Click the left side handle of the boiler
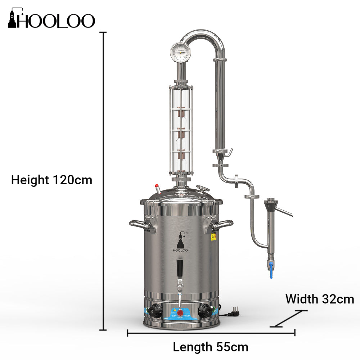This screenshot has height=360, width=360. [140, 226]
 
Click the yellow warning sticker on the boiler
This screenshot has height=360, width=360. [214, 237]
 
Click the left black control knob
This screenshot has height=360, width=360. [155, 310]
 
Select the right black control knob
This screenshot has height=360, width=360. [203, 310]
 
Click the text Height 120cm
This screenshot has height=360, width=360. [51, 180]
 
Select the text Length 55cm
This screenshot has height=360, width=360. [211, 347]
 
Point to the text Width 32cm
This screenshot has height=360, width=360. [320, 299]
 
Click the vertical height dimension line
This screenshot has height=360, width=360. [105, 180]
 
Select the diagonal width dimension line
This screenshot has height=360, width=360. [290, 319]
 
